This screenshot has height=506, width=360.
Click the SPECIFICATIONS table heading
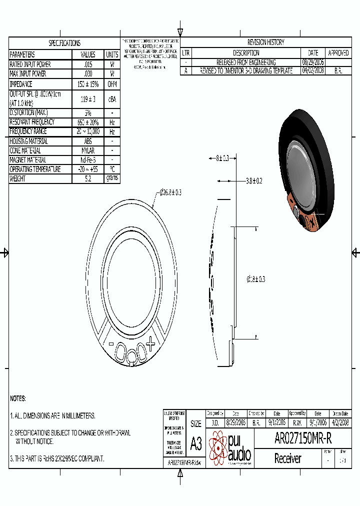click(x=64, y=43)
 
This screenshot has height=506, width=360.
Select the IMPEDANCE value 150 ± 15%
click(x=88, y=84)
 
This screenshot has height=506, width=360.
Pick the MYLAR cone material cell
click(x=88, y=150)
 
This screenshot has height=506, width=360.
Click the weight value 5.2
click(x=88, y=178)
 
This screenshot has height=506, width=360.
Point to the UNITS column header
click(x=112, y=54)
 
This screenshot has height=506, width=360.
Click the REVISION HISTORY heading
click(x=265, y=42)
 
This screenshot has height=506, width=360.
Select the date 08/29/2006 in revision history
click(x=313, y=62)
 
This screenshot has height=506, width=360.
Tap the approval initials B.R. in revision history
click(x=338, y=71)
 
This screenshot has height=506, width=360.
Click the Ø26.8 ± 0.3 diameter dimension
click(x=170, y=192)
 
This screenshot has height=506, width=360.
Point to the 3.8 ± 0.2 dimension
click(x=254, y=180)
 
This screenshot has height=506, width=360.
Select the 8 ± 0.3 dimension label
click(x=222, y=158)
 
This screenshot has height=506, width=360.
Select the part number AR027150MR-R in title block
click(x=303, y=438)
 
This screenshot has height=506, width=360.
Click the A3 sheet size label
click(x=196, y=443)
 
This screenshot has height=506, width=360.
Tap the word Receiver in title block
click(x=288, y=458)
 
